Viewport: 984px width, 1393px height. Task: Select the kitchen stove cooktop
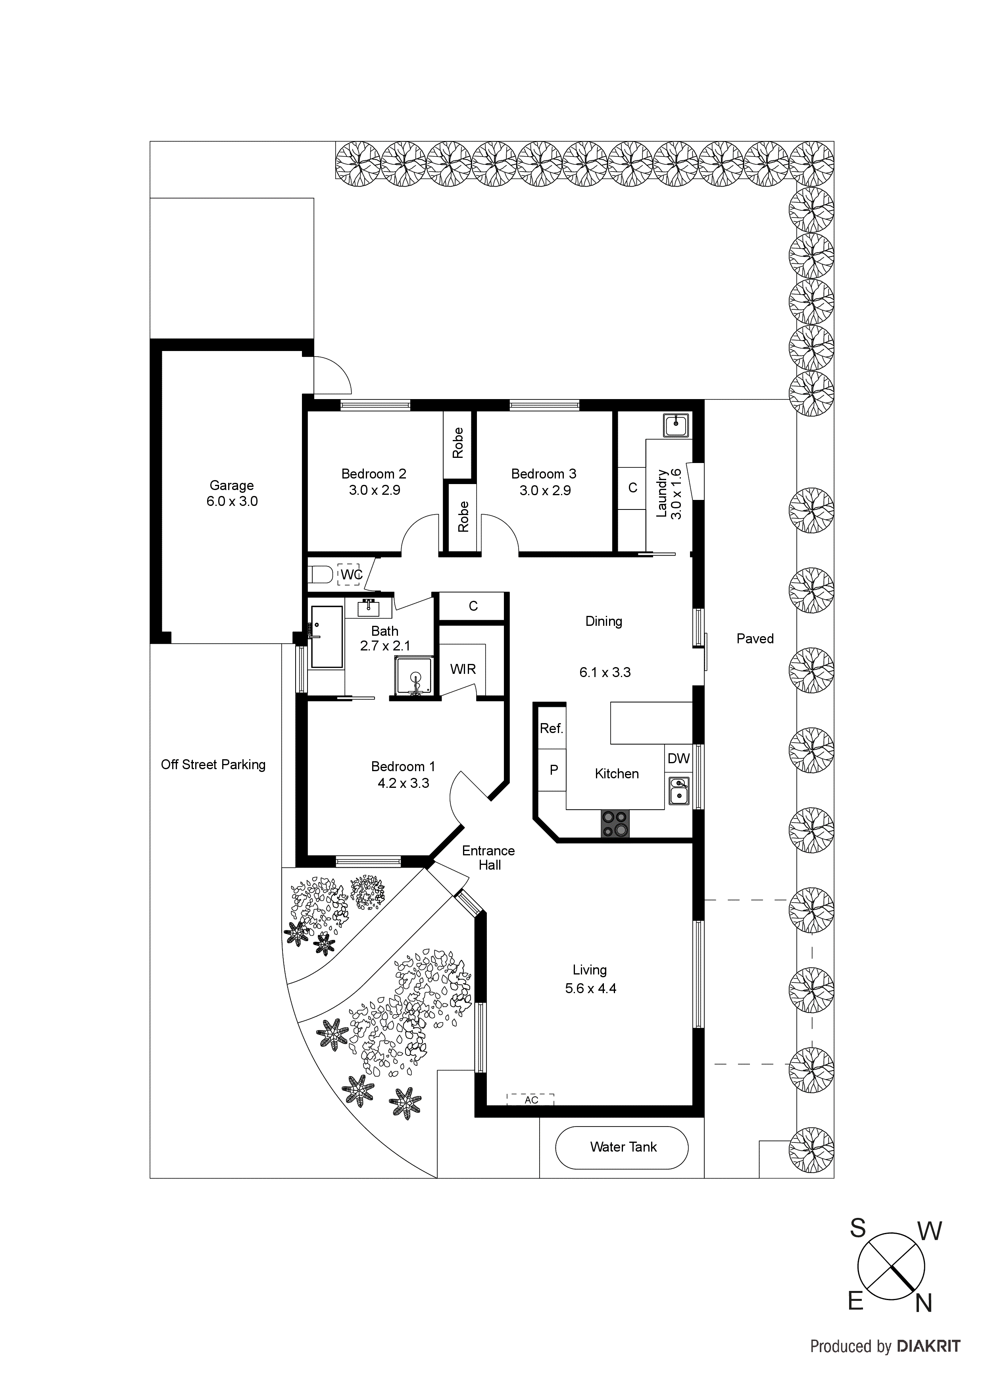point(615,824)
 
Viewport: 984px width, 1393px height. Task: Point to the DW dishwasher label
point(678,758)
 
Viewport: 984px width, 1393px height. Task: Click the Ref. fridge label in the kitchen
point(551,729)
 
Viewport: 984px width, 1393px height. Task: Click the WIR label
point(463,669)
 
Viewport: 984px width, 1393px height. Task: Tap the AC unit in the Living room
point(530,1100)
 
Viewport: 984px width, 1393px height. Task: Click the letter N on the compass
point(923,1303)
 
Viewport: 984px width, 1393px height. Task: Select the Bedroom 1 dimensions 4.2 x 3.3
point(403,783)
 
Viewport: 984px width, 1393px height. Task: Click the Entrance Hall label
point(489,857)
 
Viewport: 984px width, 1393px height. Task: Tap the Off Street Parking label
point(213,764)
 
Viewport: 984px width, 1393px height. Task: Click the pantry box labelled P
point(553,770)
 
